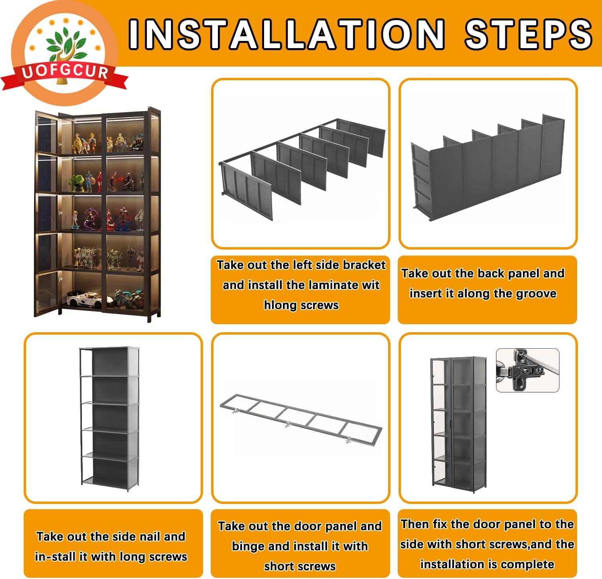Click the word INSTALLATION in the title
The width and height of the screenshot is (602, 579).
pos(287,34)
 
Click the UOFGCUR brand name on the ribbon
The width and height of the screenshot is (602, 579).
pos(65,72)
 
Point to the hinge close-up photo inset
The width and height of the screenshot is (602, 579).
pos(527,370)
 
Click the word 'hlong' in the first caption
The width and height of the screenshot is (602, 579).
pos(278,305)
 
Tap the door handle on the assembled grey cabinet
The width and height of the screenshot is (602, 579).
pos(452,423)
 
